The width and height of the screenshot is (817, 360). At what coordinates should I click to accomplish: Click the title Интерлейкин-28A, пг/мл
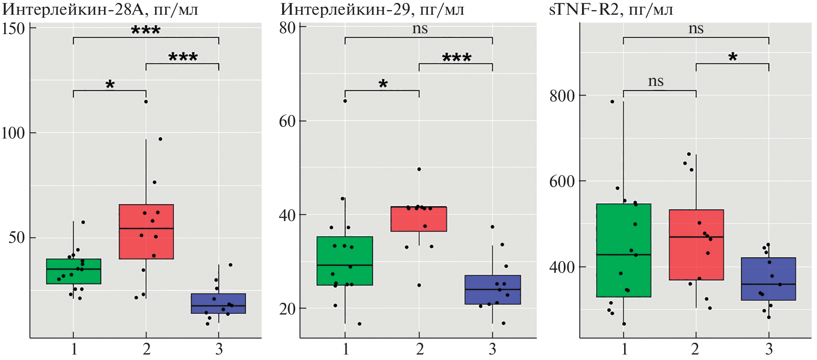coord(100,9)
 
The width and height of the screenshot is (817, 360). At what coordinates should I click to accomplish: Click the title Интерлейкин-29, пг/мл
coord(372,9)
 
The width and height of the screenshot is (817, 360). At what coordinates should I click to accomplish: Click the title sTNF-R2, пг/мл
coord(611,9)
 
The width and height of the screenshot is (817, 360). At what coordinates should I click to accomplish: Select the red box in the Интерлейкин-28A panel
coord(146,232)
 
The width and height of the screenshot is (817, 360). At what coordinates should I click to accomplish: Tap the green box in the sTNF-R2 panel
coord(623,251)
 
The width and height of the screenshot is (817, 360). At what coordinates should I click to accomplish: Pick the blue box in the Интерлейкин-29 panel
coord(492,290)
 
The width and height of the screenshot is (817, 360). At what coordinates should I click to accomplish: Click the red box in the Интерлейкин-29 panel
coord(419,219)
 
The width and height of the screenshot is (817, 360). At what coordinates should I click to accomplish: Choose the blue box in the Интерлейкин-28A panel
coord(218,304)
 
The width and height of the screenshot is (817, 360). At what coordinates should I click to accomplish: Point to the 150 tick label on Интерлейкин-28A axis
coord(13,29)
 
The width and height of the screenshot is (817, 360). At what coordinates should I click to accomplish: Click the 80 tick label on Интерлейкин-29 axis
coord(288,28)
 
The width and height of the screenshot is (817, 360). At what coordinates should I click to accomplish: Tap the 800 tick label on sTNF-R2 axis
coord(562,96)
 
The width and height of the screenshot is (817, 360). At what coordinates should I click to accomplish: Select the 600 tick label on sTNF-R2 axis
coord(562,181)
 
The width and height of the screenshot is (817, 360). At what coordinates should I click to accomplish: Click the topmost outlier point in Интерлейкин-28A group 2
coord(146,101)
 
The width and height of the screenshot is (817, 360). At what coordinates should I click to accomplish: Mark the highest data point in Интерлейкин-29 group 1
coord(345,101)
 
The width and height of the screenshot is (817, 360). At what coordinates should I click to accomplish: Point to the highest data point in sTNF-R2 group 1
coord(612,101)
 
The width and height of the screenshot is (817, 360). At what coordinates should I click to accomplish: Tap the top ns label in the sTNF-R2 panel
coord(696,29)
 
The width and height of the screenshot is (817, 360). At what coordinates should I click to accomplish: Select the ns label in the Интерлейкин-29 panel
coord(419,29)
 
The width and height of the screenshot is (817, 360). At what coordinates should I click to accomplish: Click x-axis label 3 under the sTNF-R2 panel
coord(769,349)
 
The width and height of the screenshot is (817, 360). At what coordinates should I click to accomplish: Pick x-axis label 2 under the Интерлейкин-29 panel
coord(419,349)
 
